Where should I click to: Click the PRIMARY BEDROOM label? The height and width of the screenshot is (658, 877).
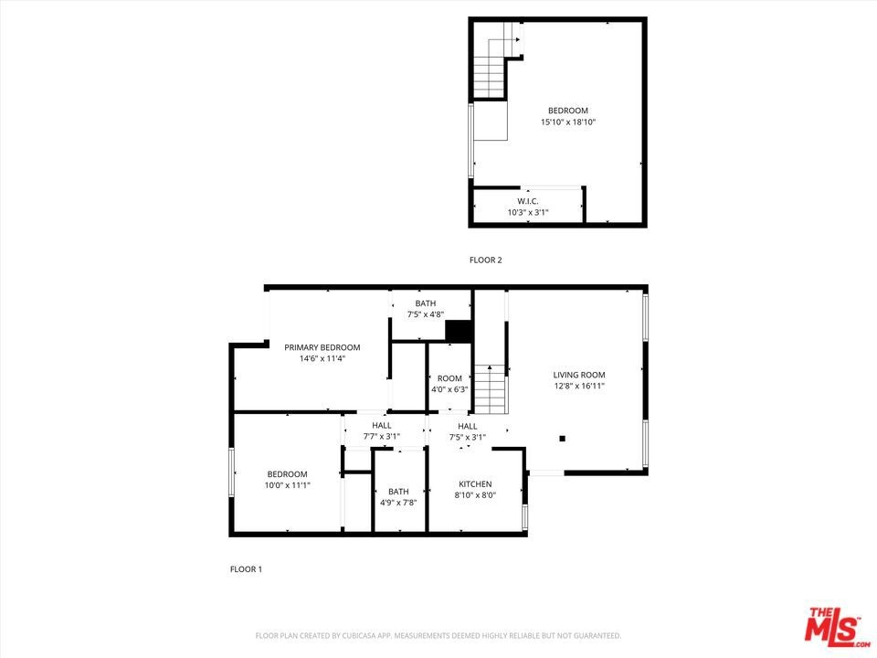click(x=322, y=347)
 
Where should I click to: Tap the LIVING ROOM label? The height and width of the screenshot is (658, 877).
click(x=579, y=375)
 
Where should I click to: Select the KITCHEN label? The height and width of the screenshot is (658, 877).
click(x=475, y=484)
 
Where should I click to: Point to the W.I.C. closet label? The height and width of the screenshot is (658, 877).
click(x=528, y=201)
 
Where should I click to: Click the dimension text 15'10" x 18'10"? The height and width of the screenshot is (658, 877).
click(x=567, y=122)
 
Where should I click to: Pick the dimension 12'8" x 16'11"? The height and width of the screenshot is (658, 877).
click(x=579, y=386)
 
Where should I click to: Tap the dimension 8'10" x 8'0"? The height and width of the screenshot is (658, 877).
click(x=475, y=495)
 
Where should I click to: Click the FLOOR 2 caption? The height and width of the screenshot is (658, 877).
click(x=485, y=260)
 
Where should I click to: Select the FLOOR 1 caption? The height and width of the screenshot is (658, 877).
click(x=246, y=569)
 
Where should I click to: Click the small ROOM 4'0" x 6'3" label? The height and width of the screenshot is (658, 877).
click(x=449, y=384)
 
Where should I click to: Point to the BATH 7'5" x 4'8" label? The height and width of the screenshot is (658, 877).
click(x=426, y=309)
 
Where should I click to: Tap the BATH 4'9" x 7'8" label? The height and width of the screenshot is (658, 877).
click(x=398, y=497)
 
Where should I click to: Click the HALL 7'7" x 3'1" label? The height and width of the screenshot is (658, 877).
click(x=382, y=430)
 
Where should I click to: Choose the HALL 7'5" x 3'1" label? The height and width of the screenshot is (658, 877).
click(x=468, y=431)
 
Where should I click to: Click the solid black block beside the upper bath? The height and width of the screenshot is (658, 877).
click(x=460, y=330)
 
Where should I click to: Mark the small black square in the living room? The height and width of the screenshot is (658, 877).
click(x=563, y=439)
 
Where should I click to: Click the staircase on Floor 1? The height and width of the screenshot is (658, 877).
click(x=491, y=389)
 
